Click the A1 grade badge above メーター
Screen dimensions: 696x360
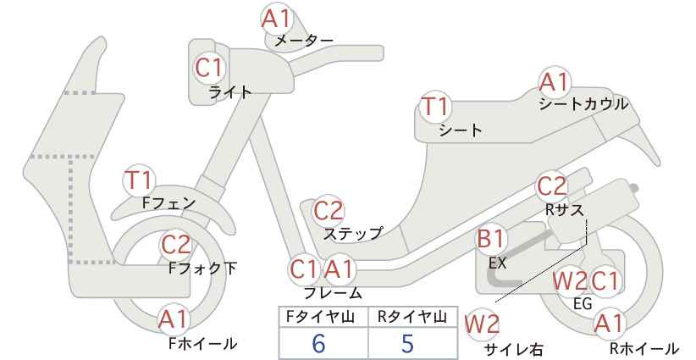point(276,19)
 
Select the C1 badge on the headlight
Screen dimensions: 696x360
point(208,68)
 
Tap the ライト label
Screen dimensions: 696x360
point(230,92)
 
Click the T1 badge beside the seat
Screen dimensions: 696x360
point(435,107)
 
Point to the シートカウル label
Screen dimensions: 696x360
point(583,104)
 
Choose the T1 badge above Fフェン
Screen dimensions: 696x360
point(139,180)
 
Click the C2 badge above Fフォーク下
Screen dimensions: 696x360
point(176,244)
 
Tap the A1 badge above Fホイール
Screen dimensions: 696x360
point(174,318)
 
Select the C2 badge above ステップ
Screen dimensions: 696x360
point(329,211)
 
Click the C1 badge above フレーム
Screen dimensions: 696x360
point(304,269)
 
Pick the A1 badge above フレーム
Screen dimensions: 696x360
point(340,269)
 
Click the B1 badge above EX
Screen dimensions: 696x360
point(490,239)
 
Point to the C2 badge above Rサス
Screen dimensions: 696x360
point(552,186)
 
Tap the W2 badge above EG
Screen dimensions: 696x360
point(569,281)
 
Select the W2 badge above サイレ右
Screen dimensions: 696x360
point(482,324)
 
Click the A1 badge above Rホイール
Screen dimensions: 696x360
point(609,324)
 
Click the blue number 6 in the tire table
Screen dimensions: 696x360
point(318,343)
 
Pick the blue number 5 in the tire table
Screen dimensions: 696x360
point(407,343)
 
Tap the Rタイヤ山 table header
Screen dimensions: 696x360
point(412,317)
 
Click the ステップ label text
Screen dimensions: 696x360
point(352,233)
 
